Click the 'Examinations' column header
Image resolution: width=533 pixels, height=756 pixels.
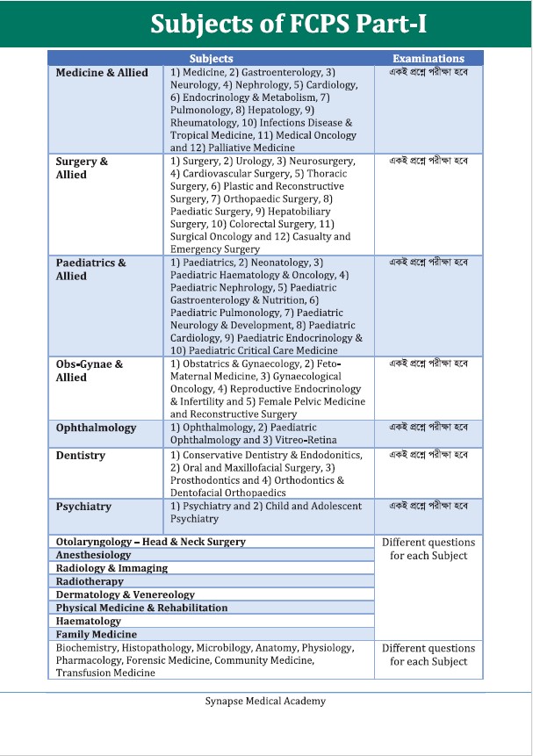coord(429,59)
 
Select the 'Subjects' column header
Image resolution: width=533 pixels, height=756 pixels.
coord(212,59)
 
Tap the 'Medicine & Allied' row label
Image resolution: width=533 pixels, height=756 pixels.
coord(102,72)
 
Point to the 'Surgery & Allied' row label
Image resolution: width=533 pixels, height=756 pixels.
coord(82,168)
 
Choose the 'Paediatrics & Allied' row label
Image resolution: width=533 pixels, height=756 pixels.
coord(90,269)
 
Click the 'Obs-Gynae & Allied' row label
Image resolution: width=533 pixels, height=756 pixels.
coord(89,371)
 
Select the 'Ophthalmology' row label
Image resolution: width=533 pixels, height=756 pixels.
coord(96,428)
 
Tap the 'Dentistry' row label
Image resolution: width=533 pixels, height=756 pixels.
coord(80,456)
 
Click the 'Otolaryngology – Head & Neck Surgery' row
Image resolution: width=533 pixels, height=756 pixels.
coord(150,542)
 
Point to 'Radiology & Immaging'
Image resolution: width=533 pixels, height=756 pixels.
coord(112,568)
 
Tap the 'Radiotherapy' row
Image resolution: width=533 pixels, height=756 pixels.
coord(89,581)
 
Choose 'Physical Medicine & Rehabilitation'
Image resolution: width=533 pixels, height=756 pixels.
coord(141,608)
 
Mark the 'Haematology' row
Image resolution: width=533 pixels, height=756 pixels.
coord(88,621)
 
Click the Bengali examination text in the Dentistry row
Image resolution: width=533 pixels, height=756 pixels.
coord(429,455)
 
